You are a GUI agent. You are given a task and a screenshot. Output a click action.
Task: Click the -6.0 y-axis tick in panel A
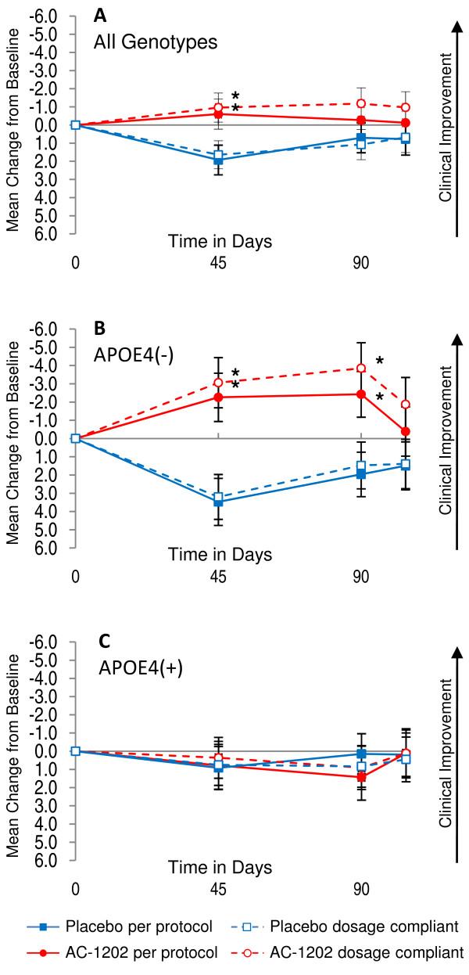point(48,16)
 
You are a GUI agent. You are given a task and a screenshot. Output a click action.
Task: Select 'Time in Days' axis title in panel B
point(220,555)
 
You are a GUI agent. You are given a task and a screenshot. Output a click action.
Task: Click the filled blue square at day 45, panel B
point(218,501)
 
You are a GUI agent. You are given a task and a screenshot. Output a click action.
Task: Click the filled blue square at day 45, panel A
point(218,160)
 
